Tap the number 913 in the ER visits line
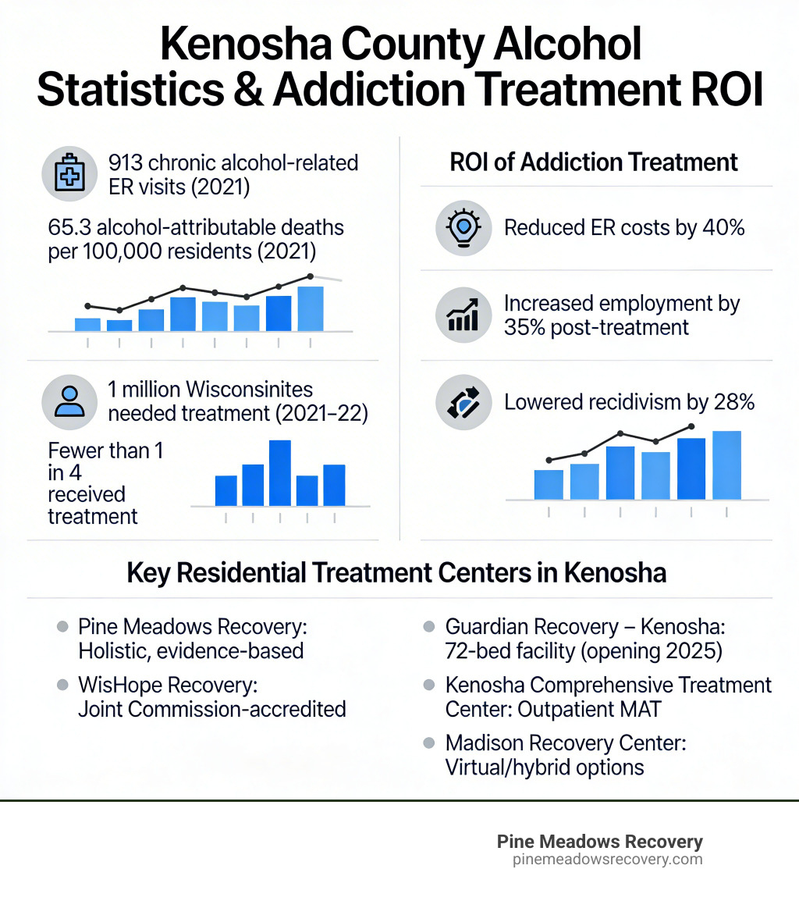point(126,163)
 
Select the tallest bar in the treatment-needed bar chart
point(279,472)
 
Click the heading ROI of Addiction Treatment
point(594,162)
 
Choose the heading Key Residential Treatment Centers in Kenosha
point(396,573)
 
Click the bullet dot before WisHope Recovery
point(62,685)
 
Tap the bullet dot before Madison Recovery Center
point(428,743)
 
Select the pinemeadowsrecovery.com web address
point(608,860)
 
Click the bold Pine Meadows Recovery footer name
point(599,842)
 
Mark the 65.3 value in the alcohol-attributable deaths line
point(67,229)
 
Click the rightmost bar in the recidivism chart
point(726,465)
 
